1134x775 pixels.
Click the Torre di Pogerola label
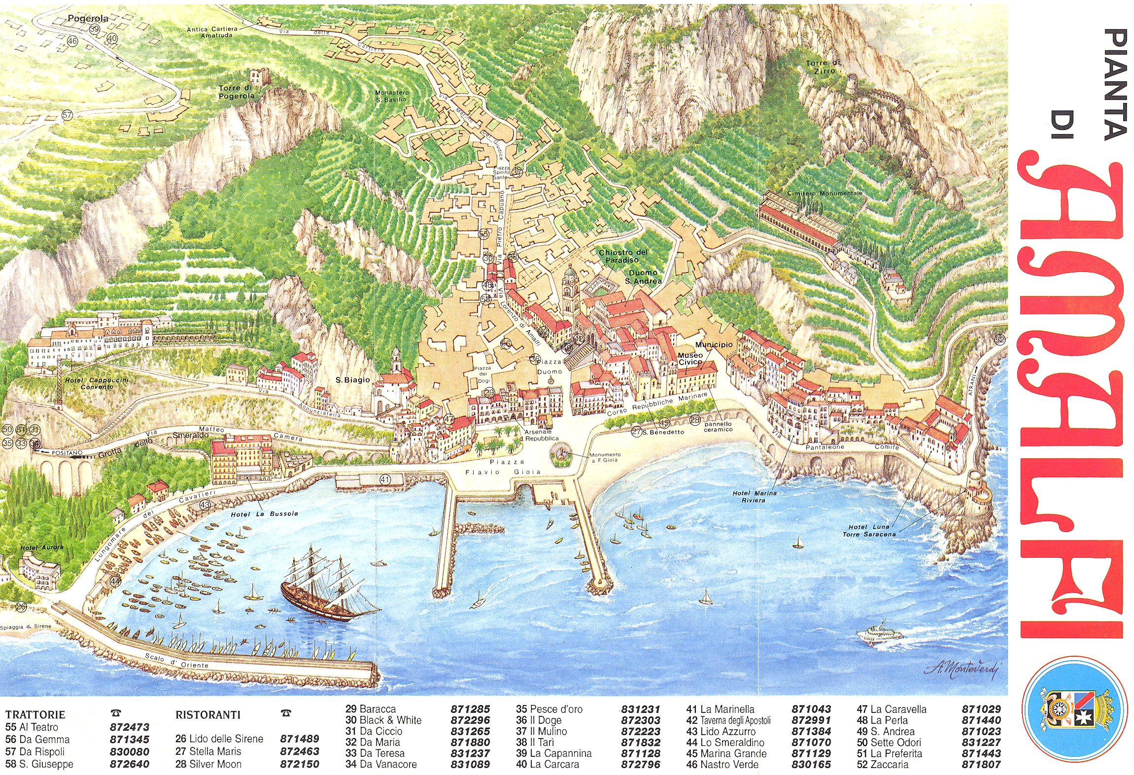(x=237, y=92)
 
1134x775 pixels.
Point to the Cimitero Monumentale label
(x=825, y=194)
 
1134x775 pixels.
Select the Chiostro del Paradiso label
(x=622, y=256)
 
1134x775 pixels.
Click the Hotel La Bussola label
(x=264, y=514)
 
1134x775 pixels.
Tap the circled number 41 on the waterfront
(x=385, y=479)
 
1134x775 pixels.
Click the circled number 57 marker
(x=67, y=115)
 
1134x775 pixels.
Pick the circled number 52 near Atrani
(x=999, y=339)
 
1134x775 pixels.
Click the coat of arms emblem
(x=1074, y=709)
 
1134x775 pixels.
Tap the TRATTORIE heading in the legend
(x=35, y=714)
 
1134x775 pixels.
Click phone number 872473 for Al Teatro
(x=129, y=727)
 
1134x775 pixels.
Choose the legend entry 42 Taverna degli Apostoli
(x=728, y=720)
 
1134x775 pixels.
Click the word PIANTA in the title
(x=1115, y=84)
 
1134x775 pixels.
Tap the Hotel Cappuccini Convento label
(x=97, y=383)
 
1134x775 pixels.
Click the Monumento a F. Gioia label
(x=605, y=457)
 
